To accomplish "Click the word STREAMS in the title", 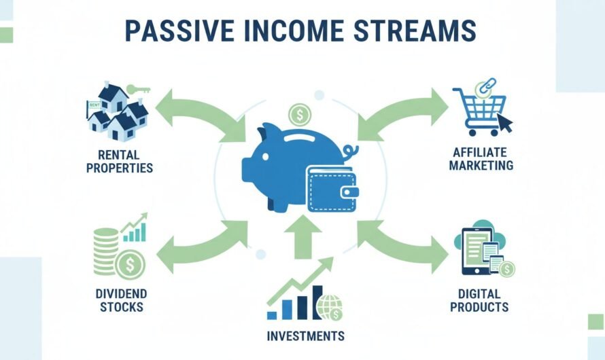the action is (x=415, y=31).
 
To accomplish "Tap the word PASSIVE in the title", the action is (x=180, y=31).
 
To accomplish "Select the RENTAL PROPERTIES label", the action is (x=120, y=162).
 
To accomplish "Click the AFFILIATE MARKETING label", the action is (x=481, y=159).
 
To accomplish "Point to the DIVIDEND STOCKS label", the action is (x=121, y=300).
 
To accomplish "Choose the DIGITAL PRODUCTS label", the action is (x=479, y=300).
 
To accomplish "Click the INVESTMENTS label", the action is (x=306, y=336).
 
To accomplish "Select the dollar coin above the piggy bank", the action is (x=300, y=115).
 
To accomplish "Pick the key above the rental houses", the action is (x=138, y=90).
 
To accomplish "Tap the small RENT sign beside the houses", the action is (x=94, y=105).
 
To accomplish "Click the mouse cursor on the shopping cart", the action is (x=505, y=123).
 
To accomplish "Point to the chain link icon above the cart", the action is (x=486, y=87).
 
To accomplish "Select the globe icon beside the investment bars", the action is (x=328, y=307).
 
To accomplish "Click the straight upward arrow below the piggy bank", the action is (x=302, y=236).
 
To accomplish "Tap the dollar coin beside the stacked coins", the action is (x=130, y=265).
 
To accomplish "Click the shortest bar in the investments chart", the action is (x=272, y=316).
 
